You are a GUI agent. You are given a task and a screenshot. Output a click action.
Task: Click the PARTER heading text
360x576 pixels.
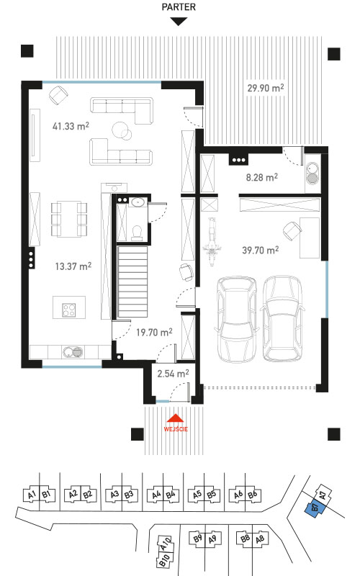pyautogui.click(x=179, y=6)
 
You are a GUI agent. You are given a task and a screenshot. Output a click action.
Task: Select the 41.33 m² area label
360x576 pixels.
pyautogui.click(x=71, y=126)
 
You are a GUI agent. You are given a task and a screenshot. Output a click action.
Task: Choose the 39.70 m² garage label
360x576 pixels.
pyautogui.click(x=261, y=250)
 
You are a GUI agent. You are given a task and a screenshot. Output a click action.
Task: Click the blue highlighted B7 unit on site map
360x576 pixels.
pyautogui.click(x=312, y=508)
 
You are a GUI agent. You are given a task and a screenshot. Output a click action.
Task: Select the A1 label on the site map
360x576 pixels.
pyautogui.click(x=32, y=495)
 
